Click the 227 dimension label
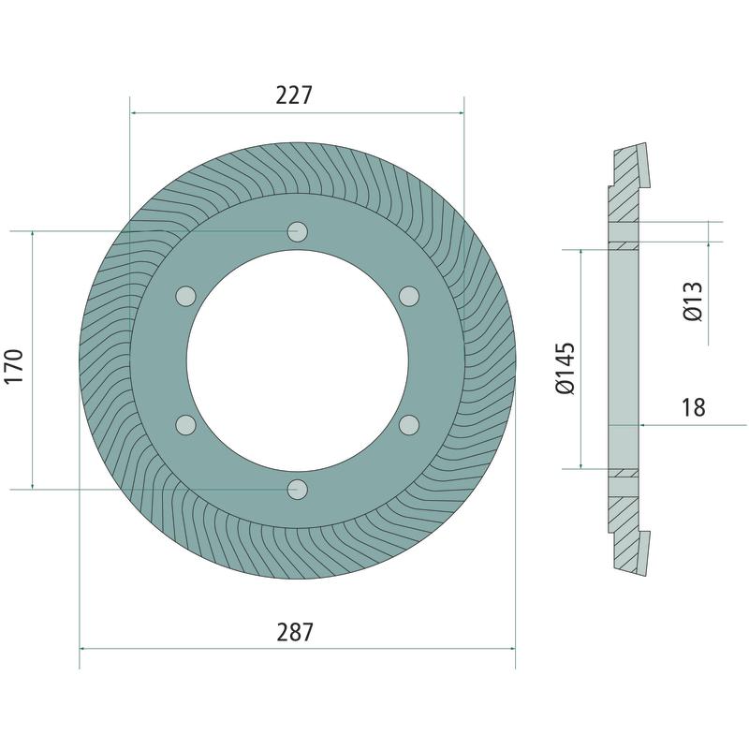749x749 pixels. point(294,95)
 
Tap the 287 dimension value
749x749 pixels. point(295,632)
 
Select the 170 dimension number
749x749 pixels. point(14,366)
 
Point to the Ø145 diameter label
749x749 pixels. point(565,368)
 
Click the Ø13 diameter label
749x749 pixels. point(693,301)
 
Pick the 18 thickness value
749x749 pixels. point(693,407)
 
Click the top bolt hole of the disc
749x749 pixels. point(297,231)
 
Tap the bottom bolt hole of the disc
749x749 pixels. point(297,490)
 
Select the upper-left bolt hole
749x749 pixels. point(185,296)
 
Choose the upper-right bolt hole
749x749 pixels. point(409,296)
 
